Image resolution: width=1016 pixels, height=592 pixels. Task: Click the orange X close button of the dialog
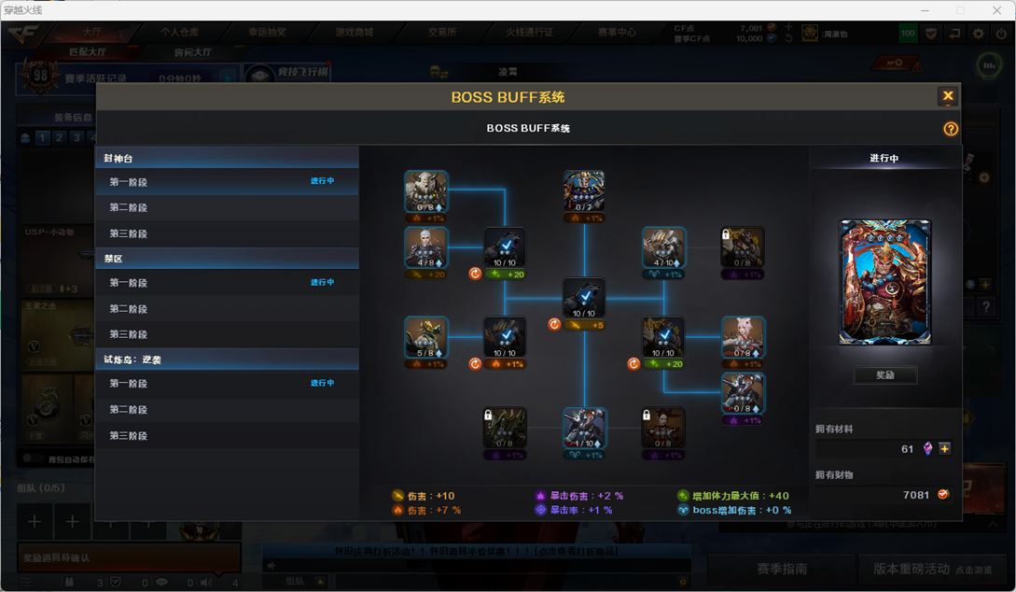(x=948, y=96)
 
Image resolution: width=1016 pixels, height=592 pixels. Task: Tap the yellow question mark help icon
(x=951, y=129)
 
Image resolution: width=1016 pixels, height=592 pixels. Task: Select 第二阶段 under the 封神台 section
(x=129, y=207)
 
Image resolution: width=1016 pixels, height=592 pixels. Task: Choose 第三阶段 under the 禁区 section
(x=129, y=334)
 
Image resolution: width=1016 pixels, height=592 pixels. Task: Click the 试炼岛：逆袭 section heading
(x=132, y=359)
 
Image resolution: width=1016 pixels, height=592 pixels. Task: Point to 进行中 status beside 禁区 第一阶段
(x=322, y=282)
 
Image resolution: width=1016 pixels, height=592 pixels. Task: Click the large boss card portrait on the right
(x=884, y=283)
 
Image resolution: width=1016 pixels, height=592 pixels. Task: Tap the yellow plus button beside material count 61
(x=945, y=449)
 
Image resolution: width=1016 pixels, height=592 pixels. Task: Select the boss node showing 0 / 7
(x=584, y=192)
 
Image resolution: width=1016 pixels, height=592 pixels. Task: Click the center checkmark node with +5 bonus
(x=584, y=300)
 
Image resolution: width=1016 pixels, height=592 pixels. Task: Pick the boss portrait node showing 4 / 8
(x=426, y=247)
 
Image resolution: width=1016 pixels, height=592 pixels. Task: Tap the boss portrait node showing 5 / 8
(x=426, y=338)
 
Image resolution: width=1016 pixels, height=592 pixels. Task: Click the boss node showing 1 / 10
(x=584, y=429)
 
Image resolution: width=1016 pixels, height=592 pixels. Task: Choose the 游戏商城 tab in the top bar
(x=355, y=32)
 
